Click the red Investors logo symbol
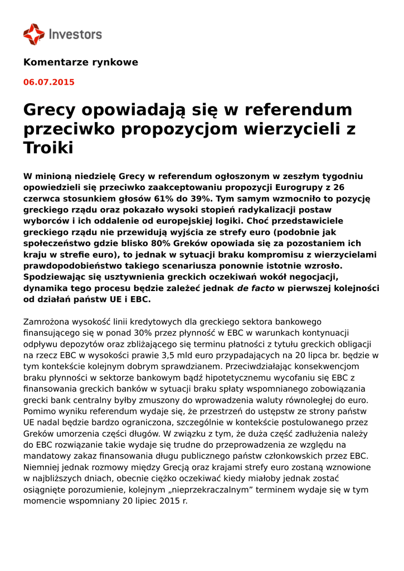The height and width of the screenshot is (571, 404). pos(33,33)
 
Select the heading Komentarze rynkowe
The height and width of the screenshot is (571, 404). pos(80,62)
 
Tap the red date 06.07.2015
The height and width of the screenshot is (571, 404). pos(48,82)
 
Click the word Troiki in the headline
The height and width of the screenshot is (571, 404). pos(48,148)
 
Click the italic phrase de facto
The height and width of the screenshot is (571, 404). pos(255,288)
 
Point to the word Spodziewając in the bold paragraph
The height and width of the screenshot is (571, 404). pos(57,277)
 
